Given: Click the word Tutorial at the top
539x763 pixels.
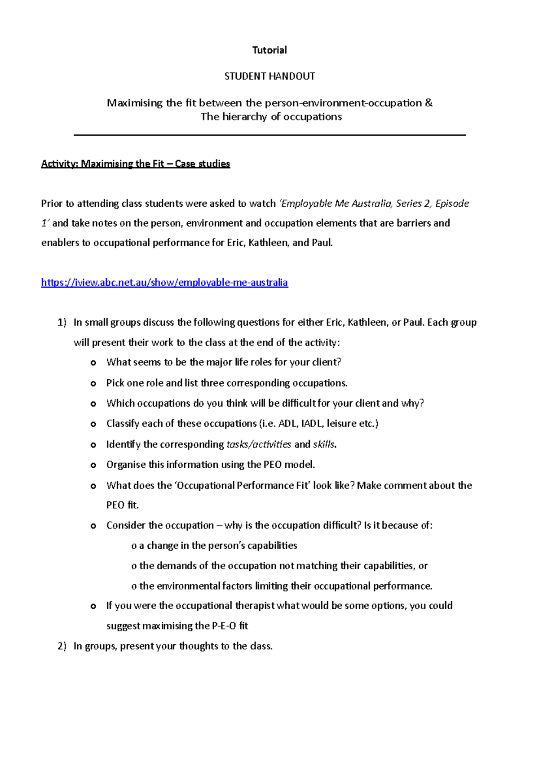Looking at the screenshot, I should (269, 50).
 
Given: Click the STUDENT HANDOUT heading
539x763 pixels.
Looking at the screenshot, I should (269, 76).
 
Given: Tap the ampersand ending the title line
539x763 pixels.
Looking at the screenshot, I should (429, 103).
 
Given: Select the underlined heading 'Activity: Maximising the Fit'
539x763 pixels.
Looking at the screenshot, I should (135, 164).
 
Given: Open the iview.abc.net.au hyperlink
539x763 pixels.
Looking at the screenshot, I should (164, 282).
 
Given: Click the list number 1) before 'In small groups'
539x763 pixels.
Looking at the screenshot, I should (62, 322).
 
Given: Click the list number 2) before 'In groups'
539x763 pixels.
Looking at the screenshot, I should (62, 646).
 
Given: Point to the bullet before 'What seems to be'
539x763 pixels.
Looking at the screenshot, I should (93, 363).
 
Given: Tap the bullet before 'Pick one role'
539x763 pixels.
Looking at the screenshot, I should (93, 383).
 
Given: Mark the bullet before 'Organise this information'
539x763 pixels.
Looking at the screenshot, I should (93, 465).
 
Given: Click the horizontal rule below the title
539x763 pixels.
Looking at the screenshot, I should (269, 135).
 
